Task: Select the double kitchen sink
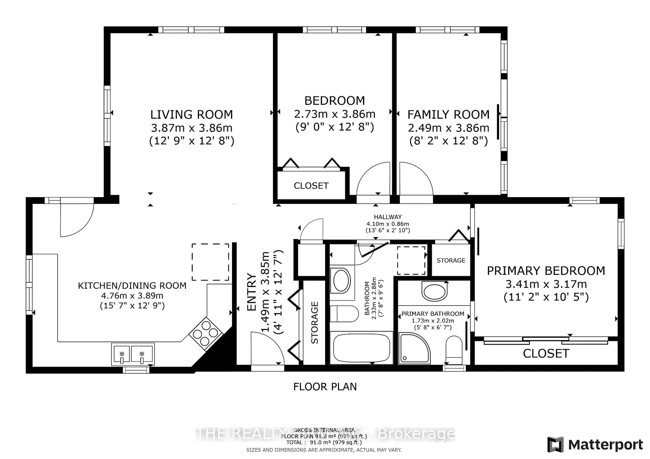coord(133,354)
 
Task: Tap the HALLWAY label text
coord(388,217)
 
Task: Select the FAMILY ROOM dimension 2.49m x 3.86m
coord(448,128)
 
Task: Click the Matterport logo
coord(595,445)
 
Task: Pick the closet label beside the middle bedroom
coord(311,186)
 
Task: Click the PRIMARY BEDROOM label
coord(546,271)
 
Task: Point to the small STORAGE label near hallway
coord(451,260)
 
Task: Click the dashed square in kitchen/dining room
coord(210,262)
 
